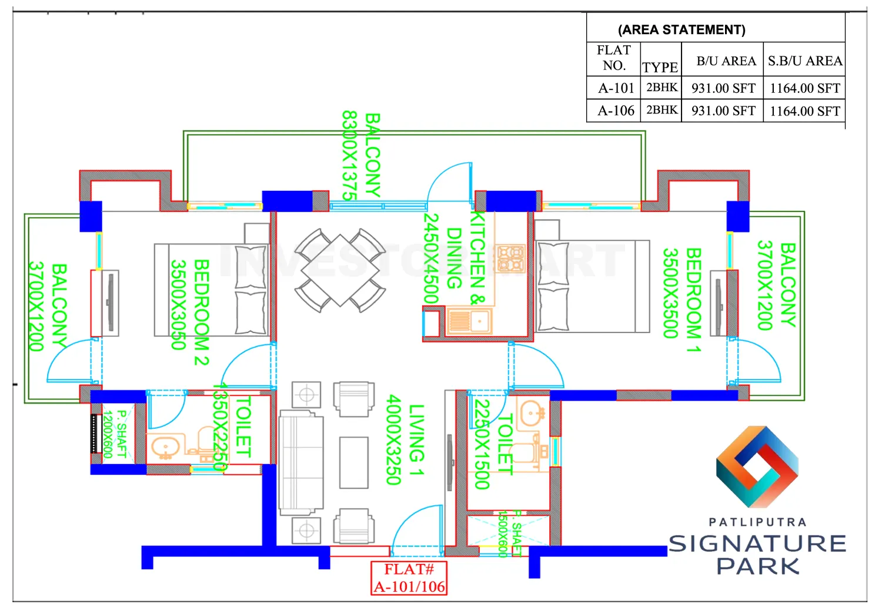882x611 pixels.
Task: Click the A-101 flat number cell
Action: coord(616,88)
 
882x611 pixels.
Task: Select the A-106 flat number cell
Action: coord(616,110)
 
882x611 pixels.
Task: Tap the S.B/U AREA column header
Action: coord(804,61)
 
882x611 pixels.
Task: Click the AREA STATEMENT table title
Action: coord(681,29)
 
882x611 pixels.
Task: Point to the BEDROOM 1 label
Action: coord(694,300)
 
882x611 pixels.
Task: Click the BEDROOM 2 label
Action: coord(201,312)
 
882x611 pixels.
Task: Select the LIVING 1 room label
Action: coord(416,440)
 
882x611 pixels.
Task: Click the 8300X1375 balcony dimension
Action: coord(349,156)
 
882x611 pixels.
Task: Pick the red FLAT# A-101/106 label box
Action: coord(409,578)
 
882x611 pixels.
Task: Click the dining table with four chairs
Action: coord(340,270)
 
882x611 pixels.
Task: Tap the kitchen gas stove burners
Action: coord(510,258)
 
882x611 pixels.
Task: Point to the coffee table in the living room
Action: coord(353,462)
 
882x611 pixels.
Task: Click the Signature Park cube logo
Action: coord(757,467)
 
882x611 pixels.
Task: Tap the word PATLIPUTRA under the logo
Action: coord(757,522)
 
